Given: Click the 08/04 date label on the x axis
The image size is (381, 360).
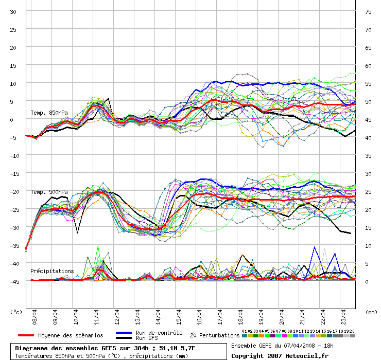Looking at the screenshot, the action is [x=34, y=317].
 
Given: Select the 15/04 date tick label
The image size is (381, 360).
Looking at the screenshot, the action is [x=179, y=317].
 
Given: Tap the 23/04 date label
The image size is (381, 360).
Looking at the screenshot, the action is [x=343, y=317].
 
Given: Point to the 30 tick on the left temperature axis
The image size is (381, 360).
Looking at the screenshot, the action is [x=13, y=12].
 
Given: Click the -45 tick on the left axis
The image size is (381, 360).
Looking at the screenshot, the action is [x=14, y=282].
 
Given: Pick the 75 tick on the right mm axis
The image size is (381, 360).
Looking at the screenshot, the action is [x=368, y=12].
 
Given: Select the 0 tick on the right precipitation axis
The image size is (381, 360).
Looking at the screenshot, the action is [x=367, y=282].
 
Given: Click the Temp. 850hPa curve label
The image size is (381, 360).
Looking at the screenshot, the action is [x=49, y=113].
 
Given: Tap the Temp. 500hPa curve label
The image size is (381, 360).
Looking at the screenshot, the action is [x=49, y=192].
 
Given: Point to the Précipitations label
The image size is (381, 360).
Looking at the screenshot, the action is [x=52, y=271].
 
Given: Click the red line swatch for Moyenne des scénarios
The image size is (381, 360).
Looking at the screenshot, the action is [x=26, y=335].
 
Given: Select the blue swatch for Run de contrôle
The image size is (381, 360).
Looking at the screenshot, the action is [x=124, y=333].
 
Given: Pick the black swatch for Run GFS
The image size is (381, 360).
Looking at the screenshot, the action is [x=124, y=338].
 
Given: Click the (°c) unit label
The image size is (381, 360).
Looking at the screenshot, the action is [x=16, y=312].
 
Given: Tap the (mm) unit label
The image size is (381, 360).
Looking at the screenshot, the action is [x=371, y=312].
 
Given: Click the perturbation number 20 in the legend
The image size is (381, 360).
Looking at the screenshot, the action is [x=352, y=331].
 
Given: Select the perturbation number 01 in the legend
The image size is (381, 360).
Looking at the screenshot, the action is [x=245, y=331].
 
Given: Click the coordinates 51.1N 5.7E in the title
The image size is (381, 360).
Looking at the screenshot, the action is [x=177, y=348].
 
